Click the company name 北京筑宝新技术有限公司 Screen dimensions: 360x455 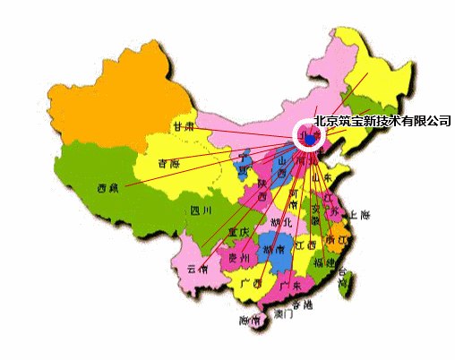coord(382,121)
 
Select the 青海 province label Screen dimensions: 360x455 coord(167,164)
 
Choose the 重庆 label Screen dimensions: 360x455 coord(238,231)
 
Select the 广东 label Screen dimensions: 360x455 coord(289,286)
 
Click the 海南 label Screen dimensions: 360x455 coord(250,320)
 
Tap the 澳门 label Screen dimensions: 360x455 coord(283,314)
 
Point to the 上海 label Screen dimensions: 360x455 coord(360,215)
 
